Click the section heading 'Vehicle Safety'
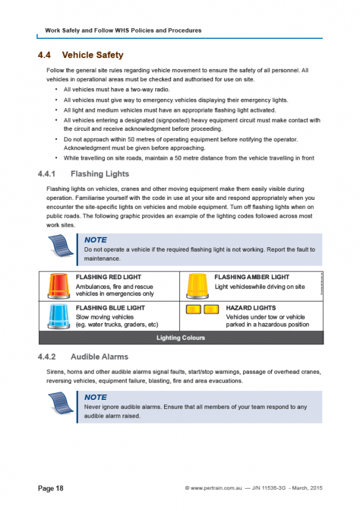coord(92,56)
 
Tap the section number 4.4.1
coord(50,173)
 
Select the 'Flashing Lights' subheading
coord(100,173)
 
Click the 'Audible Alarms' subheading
coord(99,356)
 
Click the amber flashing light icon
coord(197,286)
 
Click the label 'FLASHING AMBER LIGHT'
coord(251,277)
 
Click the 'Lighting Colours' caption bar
coord(181,337)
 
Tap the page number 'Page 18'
coord(51,489)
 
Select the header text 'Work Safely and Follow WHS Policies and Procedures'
coord(123,30)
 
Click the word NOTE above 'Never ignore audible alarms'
coord(96,397)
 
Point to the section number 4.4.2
coord(50,356)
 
